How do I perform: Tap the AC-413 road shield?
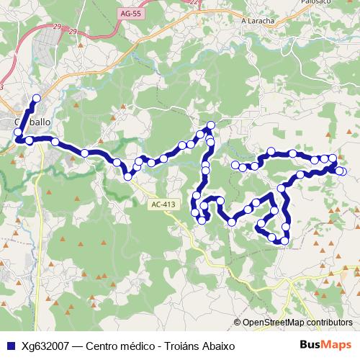coord(163,204)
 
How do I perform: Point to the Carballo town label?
coord(33,122)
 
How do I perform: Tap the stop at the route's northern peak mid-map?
coord(210,126)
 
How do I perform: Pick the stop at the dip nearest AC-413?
coord(128,176)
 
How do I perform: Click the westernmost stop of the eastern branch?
coord(235,166)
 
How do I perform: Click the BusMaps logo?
coord(326,345)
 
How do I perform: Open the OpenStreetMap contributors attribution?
coord(297,323)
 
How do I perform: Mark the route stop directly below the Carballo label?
coord(29,140)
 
